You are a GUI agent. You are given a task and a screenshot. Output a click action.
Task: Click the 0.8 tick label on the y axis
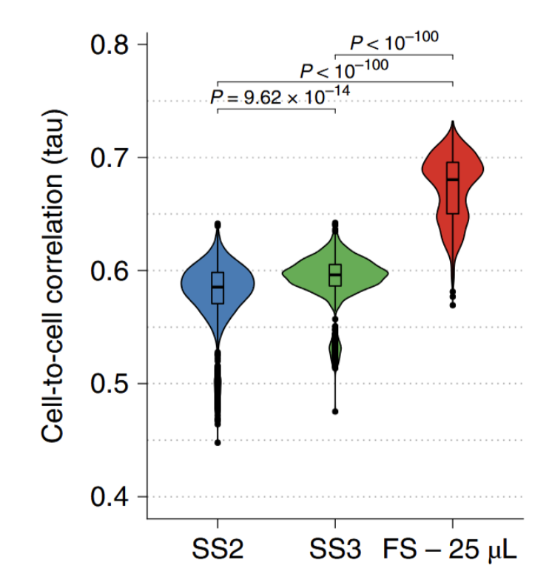[x=110, y=44]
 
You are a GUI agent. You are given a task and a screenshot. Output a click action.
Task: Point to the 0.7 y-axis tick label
[x=110, y=158]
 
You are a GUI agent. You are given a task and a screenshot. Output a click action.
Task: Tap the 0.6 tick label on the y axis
[x=110, y=271]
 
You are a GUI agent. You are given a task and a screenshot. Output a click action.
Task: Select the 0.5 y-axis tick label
[x=110, y=384]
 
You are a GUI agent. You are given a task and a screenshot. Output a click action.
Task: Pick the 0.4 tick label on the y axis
[x=110, y=496]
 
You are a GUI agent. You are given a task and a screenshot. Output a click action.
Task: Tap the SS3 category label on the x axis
[x=335, y=550]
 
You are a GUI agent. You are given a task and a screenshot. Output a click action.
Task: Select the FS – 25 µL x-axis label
[x=451, y=550]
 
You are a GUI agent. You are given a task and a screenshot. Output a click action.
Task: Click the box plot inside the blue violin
[x=218, y=288]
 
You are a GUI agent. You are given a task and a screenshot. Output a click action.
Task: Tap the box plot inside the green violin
[x=335, y=275]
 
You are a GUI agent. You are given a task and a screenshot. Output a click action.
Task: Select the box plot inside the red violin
[x=452, y=188]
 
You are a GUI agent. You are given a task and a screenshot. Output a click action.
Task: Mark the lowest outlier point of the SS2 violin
[x=218, y=442]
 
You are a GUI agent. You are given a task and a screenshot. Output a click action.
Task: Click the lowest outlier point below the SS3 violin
[x=335, y=411]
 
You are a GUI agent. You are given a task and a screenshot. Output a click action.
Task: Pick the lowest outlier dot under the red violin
[x=452, y=305]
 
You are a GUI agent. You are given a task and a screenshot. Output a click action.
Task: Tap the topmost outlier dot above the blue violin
[x=218, y=224]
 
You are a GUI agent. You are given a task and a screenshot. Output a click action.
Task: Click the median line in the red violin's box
[x=452, y=180]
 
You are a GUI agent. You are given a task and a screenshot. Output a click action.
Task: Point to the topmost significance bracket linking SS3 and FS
[x=394, y=55]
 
